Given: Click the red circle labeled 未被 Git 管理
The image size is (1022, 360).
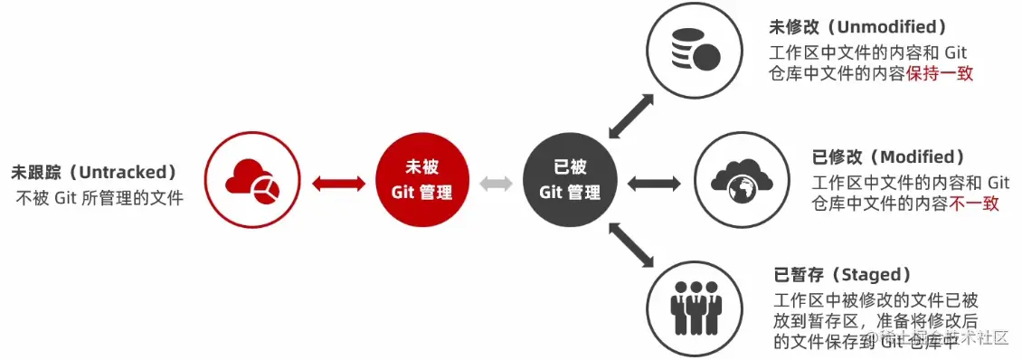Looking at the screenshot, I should click(421, 181).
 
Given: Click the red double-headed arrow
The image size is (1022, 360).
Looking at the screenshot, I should click(337, 184).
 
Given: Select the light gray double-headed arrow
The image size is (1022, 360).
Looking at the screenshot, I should click(496, 184).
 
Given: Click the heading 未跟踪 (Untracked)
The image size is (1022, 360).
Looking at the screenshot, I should click(93, 172).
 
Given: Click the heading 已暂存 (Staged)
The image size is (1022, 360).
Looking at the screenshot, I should click(842, 275).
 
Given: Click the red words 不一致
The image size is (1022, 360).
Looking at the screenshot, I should click(975, 204).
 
